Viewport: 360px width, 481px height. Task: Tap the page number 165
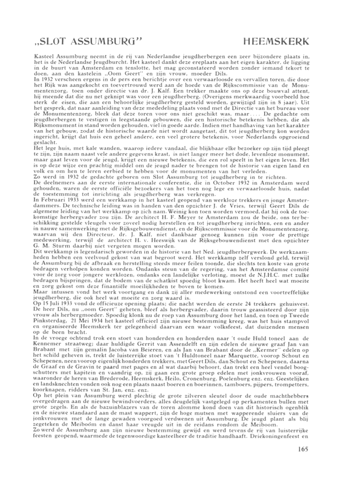(303, 450)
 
